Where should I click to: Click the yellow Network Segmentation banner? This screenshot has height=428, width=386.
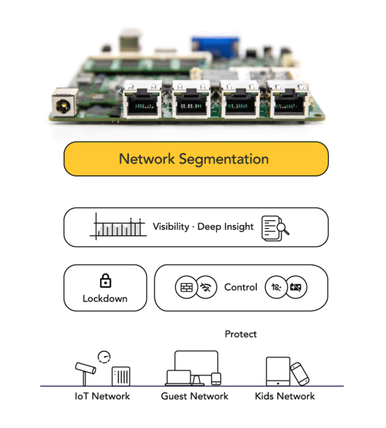coord(196,159)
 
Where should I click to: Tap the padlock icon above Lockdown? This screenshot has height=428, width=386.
coord(105,281)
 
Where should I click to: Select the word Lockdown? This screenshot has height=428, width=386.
coord(105,298)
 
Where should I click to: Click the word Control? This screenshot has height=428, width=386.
coord(240,287)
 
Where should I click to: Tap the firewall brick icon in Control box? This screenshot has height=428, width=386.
coord(186,287)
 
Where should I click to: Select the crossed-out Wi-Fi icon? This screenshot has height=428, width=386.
coord(205,287)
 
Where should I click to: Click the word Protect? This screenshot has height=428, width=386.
coord(240,334)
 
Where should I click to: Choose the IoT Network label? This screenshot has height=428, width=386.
coord(102,396)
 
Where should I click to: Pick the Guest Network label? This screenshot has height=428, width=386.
coord(195,396)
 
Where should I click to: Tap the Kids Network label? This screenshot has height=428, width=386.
coord(285,396)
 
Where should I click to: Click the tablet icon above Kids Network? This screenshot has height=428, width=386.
coord(278,372)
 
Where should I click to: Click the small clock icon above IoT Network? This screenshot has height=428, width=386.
coord(104,357)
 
